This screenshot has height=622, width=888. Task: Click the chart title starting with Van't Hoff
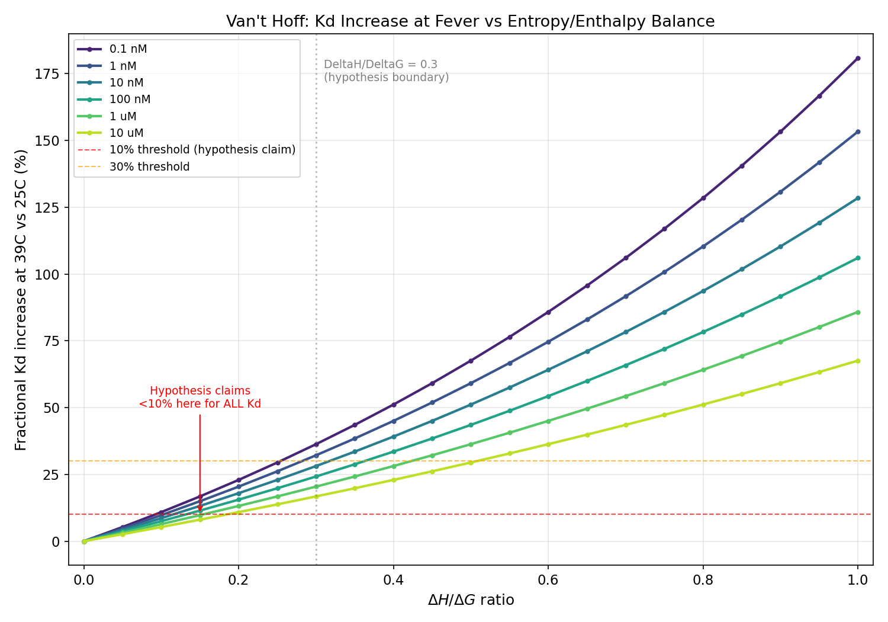tap(470, 22)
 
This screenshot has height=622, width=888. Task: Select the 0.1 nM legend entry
tap(128, 49)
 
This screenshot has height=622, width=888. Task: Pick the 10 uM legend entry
tap(126, 133)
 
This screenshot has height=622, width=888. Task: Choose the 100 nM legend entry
tap(130, 100)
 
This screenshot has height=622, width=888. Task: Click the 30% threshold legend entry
tap(149, 167)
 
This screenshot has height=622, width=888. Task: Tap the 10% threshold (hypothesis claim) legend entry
tap(202, 150)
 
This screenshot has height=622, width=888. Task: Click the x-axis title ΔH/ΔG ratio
tap(471, 600)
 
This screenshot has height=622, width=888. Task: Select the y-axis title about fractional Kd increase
tap(21, 300)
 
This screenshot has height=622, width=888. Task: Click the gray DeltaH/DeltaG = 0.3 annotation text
tap(386, 71)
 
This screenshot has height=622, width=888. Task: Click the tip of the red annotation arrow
tap(200, 512)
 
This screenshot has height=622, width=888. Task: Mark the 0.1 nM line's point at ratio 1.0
tap(858, 58)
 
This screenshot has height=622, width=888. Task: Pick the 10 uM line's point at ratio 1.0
tap(858, 361)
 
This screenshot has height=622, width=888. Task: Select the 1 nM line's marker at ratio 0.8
tap(703, 246)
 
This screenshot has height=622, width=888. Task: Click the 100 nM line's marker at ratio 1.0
tap(858, 258)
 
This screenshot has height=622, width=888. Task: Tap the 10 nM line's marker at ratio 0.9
tap(780, 246)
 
